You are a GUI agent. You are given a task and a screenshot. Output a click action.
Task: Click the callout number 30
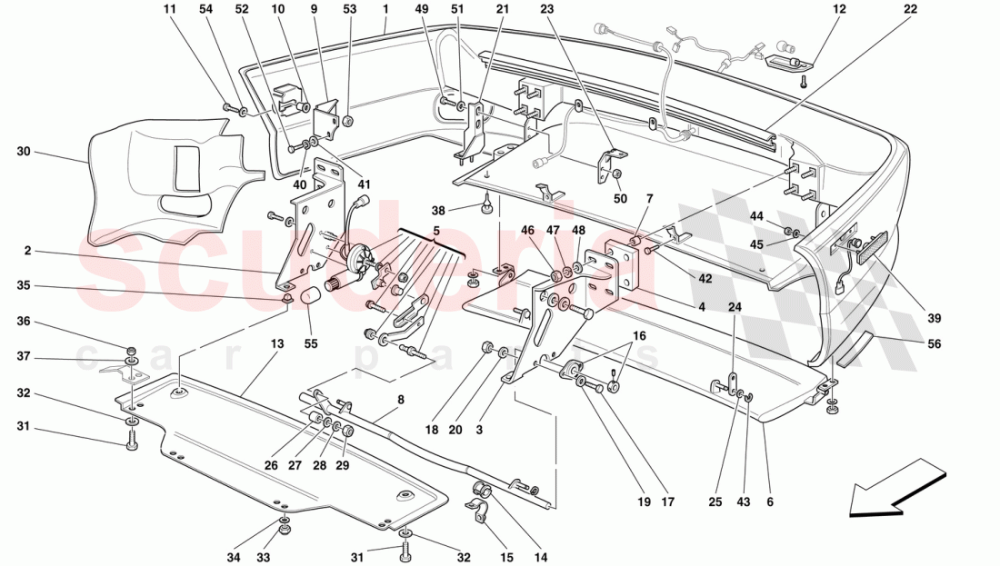(x=24, y=152)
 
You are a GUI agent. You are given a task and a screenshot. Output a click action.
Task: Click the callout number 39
(x=935, y=318)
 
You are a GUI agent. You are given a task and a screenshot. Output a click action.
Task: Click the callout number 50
(x=621, y=198)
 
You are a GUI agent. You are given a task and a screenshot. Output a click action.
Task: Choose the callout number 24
(x=735, y=306)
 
